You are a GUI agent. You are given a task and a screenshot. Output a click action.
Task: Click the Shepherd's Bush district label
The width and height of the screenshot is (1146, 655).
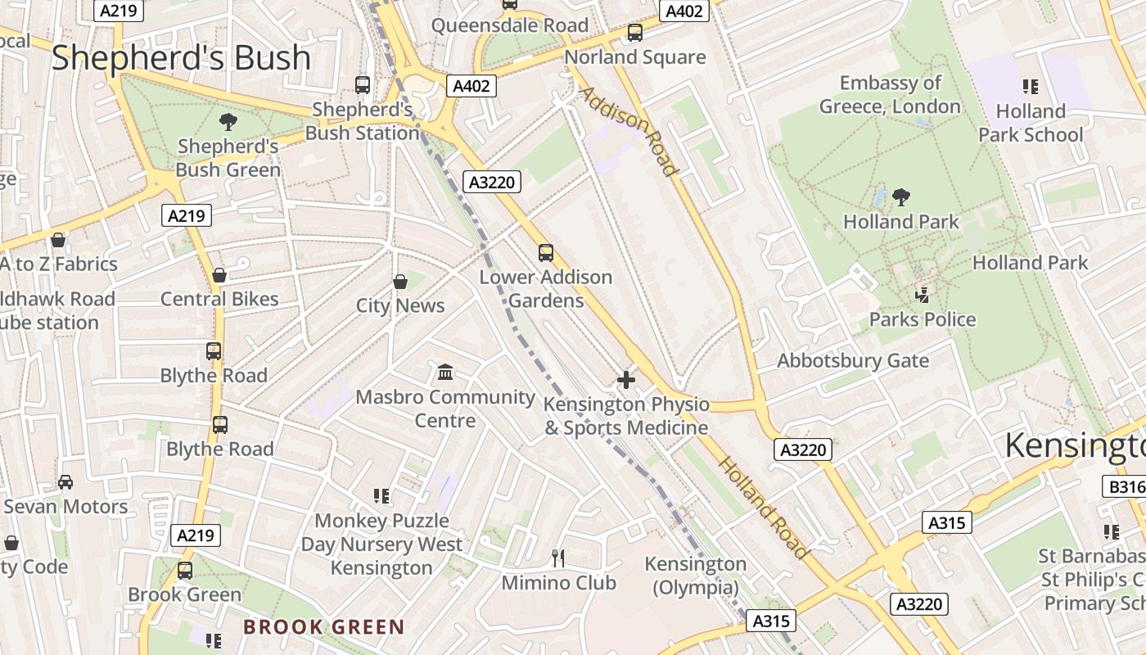pos(181,58)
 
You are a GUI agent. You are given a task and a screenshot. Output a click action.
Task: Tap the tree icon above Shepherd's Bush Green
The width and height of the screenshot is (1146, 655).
pos(228,123)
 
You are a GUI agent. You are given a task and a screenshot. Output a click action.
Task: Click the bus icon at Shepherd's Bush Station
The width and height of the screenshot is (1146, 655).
pos(363,84)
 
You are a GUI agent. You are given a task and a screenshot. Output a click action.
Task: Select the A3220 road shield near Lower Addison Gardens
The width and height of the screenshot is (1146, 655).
pos(492,182)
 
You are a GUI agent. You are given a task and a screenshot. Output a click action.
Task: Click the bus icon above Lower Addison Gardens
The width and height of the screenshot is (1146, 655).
pos(546,252)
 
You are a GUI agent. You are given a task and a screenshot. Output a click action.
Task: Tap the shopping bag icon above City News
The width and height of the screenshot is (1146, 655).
pos(400,282)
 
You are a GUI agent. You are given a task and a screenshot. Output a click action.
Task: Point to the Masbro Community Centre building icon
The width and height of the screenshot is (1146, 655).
pos(445,373)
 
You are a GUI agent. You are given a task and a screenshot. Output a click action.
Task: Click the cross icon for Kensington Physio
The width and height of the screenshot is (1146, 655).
pos(626,380)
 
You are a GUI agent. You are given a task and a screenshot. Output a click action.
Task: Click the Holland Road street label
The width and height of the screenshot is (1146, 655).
pos(763,508)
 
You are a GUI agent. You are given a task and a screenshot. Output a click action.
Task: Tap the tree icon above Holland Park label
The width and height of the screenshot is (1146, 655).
pos(901,197)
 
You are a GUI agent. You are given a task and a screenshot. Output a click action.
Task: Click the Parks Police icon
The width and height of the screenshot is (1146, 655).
pos(923,295)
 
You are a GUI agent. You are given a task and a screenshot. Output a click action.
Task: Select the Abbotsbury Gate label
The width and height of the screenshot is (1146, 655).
pos(853,361)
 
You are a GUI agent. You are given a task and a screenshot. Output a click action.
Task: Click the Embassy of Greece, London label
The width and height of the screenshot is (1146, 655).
pos(890,95)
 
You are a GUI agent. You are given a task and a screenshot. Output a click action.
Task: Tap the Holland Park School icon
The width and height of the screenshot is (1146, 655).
pos(1031,86)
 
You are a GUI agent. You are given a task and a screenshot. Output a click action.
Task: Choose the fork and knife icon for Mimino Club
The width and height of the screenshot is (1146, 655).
pos(558,558)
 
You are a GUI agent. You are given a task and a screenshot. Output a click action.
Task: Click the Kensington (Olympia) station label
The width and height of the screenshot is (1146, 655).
pos(696,576)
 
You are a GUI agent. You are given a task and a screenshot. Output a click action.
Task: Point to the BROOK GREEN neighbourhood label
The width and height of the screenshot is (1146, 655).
pos(324,628)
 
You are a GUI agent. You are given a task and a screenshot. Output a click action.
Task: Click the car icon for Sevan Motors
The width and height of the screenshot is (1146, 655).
pos(65,482)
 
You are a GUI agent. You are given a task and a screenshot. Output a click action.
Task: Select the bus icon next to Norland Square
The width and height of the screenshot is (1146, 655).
pos(634,33)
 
